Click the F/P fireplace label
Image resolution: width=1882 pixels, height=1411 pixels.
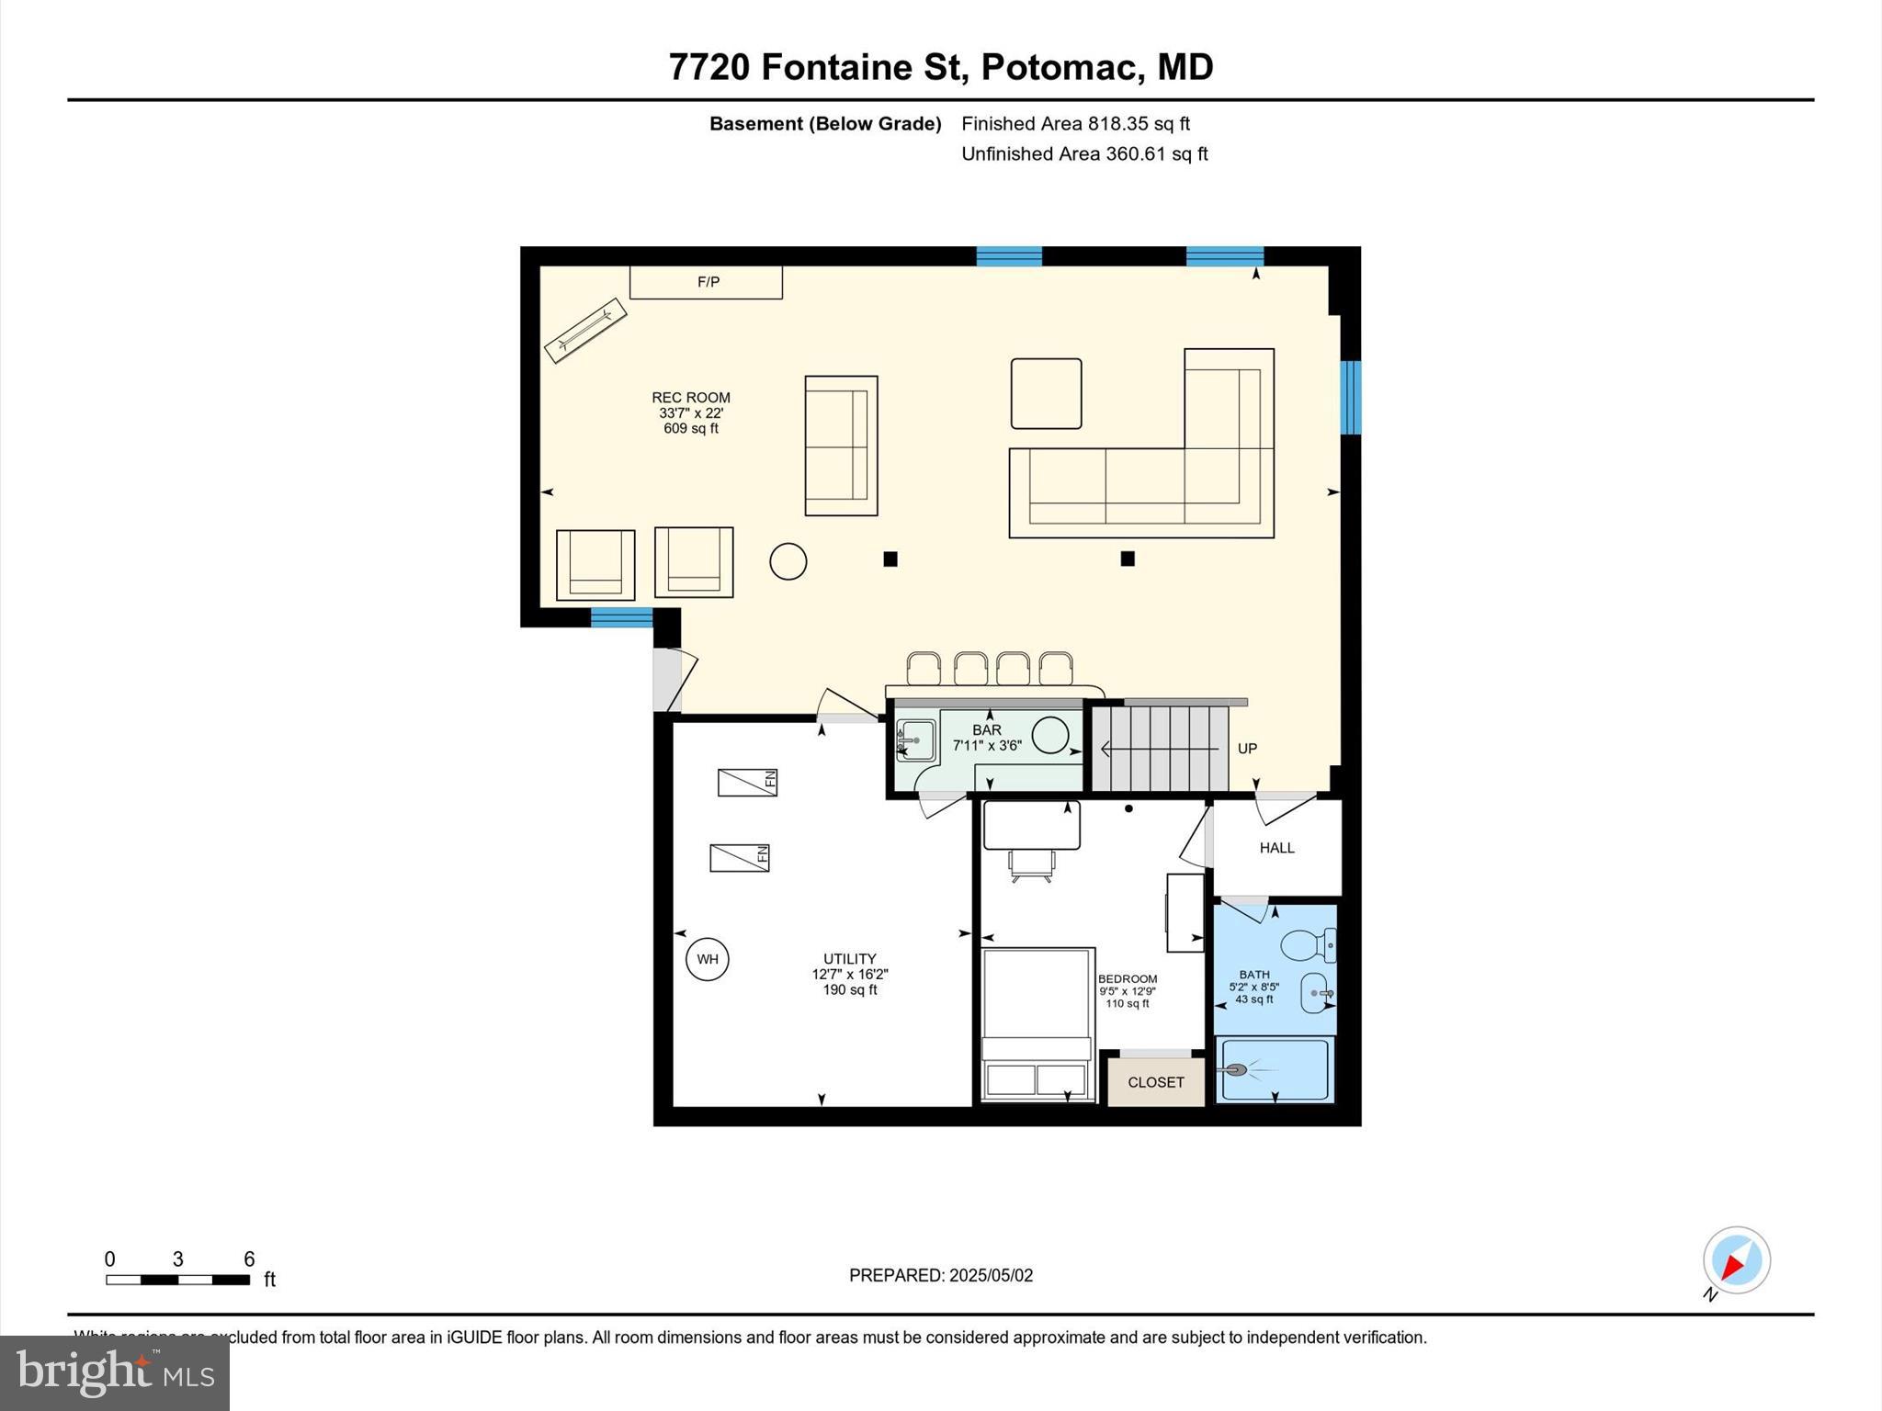point(708,282)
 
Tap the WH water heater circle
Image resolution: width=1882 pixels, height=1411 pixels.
point(707,960)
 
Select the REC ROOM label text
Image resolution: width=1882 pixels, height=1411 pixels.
point(691,398)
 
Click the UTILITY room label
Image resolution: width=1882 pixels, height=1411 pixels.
point(849,959)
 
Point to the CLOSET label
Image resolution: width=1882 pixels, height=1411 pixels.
point(1155,1083)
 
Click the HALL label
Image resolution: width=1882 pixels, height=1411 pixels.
point(1276,848)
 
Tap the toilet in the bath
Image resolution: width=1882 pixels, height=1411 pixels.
point(1308,944)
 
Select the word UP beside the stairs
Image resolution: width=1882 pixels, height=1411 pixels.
point(1246,749)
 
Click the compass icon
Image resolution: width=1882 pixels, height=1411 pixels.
point(1736,1260)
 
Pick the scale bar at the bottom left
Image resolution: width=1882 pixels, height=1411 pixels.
point(177,1280)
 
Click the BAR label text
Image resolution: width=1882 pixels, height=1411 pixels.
point(987,730)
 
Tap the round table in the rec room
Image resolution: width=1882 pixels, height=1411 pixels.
point(788,561)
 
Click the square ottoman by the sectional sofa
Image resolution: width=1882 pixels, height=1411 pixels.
point(1046,393)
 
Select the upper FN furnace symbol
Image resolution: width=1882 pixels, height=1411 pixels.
point(747,783)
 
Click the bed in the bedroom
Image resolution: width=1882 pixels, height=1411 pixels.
point(1037,1022)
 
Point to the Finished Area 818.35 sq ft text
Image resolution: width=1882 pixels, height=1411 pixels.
point(1075,124)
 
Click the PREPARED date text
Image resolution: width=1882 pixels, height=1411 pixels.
point(940,1275)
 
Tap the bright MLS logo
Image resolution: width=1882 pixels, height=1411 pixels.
point(115,1372)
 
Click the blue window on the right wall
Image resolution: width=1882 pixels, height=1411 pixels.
point(1349,397)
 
